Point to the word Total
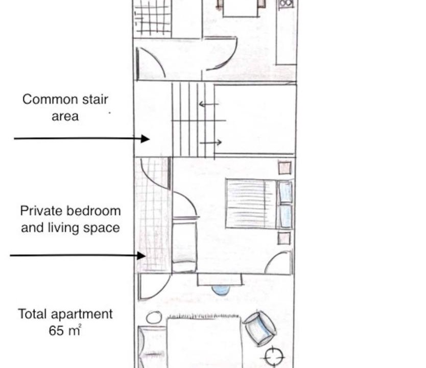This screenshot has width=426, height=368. [33, 314]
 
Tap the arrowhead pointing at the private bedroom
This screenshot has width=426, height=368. [141, 256]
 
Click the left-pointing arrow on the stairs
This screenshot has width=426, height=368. [208, 104]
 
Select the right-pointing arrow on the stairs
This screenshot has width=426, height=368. [211, 142]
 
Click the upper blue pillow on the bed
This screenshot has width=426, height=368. [285, 192]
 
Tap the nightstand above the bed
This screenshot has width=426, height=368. [285, 168]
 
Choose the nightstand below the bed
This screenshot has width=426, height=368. [284, 238]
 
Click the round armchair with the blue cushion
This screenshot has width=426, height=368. [259, 329]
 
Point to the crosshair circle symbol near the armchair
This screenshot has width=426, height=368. [273, 356]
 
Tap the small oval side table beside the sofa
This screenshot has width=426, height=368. [154, 317]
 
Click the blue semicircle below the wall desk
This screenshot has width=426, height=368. [221, 290]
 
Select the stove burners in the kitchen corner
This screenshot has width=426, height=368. [287, 4]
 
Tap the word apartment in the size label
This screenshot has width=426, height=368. [82, 314]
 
